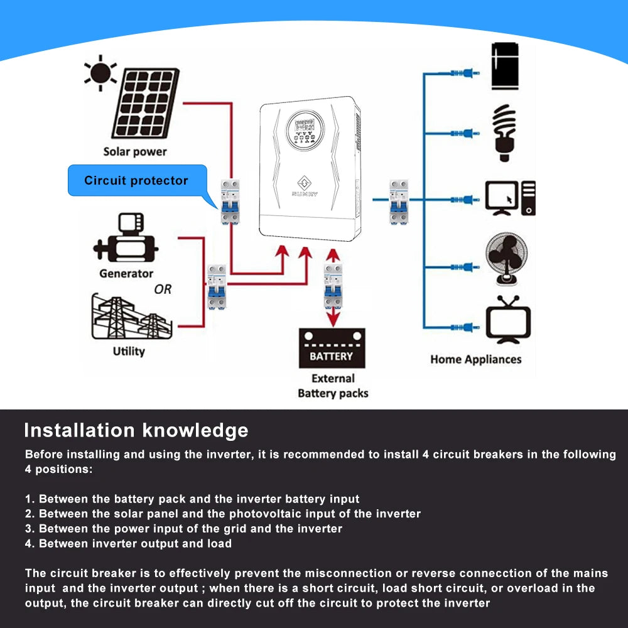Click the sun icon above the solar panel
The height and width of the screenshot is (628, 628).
100,74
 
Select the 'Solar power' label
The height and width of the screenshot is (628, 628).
135,151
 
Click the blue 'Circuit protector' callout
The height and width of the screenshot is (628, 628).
137,181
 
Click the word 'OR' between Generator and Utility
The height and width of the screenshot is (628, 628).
163,290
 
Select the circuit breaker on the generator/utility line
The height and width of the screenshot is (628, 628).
217,286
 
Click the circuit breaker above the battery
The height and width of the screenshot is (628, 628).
333,286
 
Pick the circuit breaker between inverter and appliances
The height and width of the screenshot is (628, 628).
399,202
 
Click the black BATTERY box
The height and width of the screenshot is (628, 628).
332,349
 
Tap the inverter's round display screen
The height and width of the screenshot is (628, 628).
303,131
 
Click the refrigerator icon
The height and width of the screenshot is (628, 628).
506,66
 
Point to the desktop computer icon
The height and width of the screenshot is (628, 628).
510,198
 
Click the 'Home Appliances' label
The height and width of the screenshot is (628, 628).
475,359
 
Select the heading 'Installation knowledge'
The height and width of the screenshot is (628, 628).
136,430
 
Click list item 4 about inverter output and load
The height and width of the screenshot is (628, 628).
128,543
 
